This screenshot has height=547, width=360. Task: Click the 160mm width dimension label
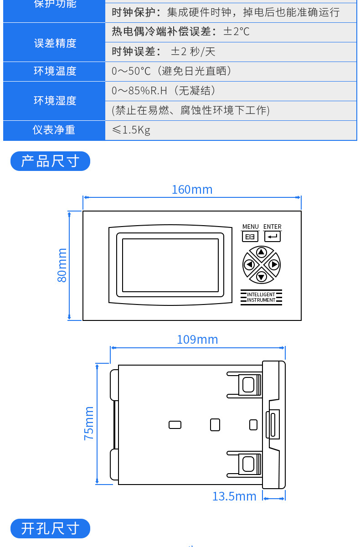(x=192, y=190)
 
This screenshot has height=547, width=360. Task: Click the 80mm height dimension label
(x=62, y=265)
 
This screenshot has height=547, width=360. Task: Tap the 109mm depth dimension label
(x=197, y=340)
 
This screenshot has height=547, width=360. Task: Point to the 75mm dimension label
(x=89, y=423)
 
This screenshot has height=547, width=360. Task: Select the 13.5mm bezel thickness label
(x=234, y=496)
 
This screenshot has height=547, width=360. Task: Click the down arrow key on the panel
(x=261, y=276)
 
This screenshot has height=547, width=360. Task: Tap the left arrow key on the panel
(x=249, y=264)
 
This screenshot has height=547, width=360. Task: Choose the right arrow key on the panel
(x=273, y=264)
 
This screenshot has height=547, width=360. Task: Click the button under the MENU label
(x=250, y=237)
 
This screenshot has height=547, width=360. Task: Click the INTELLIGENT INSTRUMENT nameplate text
(x=261, y=297)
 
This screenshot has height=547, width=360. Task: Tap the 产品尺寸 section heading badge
(x=50, y=161)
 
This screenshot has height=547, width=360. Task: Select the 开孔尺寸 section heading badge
(x=50, y=529)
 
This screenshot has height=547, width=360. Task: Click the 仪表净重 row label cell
(x=54, y=130)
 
